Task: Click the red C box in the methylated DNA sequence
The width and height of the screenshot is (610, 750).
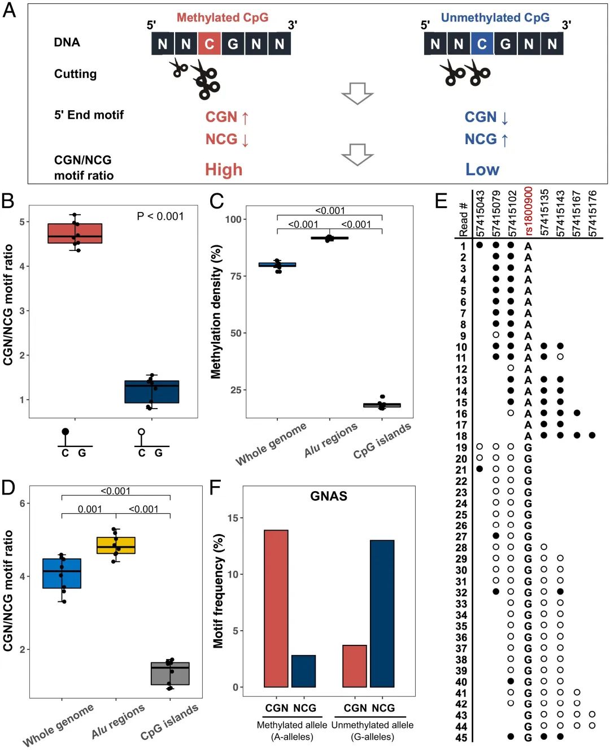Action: pyautogui.click(x=210, y=44)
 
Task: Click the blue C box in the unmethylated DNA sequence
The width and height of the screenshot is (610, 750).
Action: pyautogui.click(x=482, y=44)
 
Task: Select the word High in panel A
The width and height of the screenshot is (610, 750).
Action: pyautogui.click(x=224, y=170)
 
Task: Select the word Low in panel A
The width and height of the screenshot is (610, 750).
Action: pyautogui.click(x=482, y=170)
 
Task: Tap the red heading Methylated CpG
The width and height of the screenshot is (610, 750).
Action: pyautogui.click(x=223, y=18)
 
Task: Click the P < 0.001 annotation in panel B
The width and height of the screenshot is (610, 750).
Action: pyautogui.click(x=160, y=216)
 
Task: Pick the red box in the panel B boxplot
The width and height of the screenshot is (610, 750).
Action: pyautogui.click(x=75, y=233)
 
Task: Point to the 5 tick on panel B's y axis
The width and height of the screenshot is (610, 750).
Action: pyautogui.click(x=23, y=222)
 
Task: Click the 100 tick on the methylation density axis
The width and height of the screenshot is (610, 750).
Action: pyautogui.click(x=234, y=219)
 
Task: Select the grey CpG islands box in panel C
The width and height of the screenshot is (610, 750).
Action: pyautogui.click(x=382, y=405)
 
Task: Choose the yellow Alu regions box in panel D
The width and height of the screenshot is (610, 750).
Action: pyautogui.click(x=116, y=545)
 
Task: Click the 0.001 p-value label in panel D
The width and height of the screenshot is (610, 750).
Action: pyautogui.click(x=90, y=509)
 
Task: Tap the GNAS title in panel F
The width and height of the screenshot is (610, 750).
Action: pyautogui.click(x=329, y=496)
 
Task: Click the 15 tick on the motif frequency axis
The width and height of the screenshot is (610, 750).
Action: pyautogui.click(x=233, y=518)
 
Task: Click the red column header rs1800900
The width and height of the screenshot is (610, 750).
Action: pyautogui.click(x=528, y=211)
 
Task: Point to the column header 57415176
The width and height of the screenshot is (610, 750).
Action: pyautogui.click(x=592, y=214)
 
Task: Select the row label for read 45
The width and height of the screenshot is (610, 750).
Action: pyautogui.click(x=461, y=738)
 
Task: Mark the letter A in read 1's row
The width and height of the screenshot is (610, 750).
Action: pyautogui.click(x=528, y=246)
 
